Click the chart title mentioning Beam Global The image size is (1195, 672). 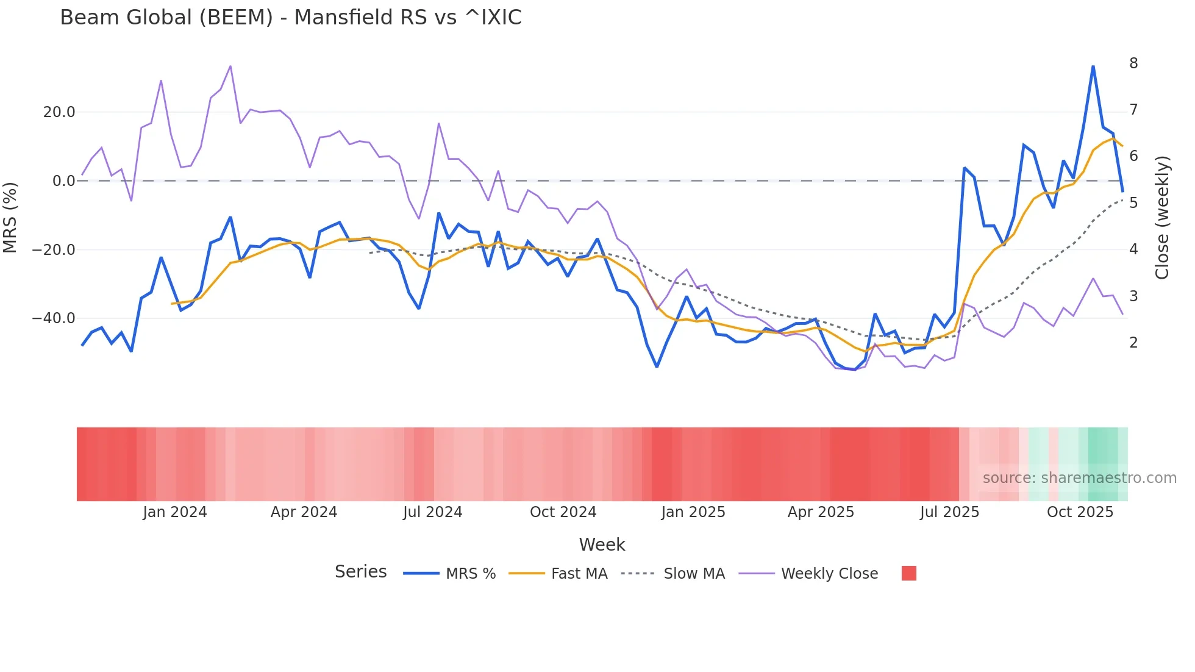click(x=291, y=18)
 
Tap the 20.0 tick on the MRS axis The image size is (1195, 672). click(x=59, y=112)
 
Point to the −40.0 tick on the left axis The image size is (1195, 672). click(x=54, y=318)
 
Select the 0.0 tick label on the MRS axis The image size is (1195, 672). click(x=63, y=181)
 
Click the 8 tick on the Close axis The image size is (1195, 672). click(x=1133, y=63)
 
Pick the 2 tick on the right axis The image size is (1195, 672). click(x=1133, y=343)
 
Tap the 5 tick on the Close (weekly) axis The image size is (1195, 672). click(x=1133, y=203)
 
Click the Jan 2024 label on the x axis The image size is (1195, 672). click(x=175, y=512)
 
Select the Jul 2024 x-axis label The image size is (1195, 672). click(x=432, y=512)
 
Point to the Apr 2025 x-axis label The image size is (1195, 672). click(x=821, y=512)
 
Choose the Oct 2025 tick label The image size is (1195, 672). click(x=1080, y=512)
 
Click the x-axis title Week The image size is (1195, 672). click(x=602, y=545)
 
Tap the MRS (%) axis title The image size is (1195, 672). click(x=10, y=217)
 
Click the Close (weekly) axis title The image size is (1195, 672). click(x=1162, y=217)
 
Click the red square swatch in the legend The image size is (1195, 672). click(x=908, y=573)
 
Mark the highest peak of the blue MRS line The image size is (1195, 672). click(x=1093, y=66)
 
